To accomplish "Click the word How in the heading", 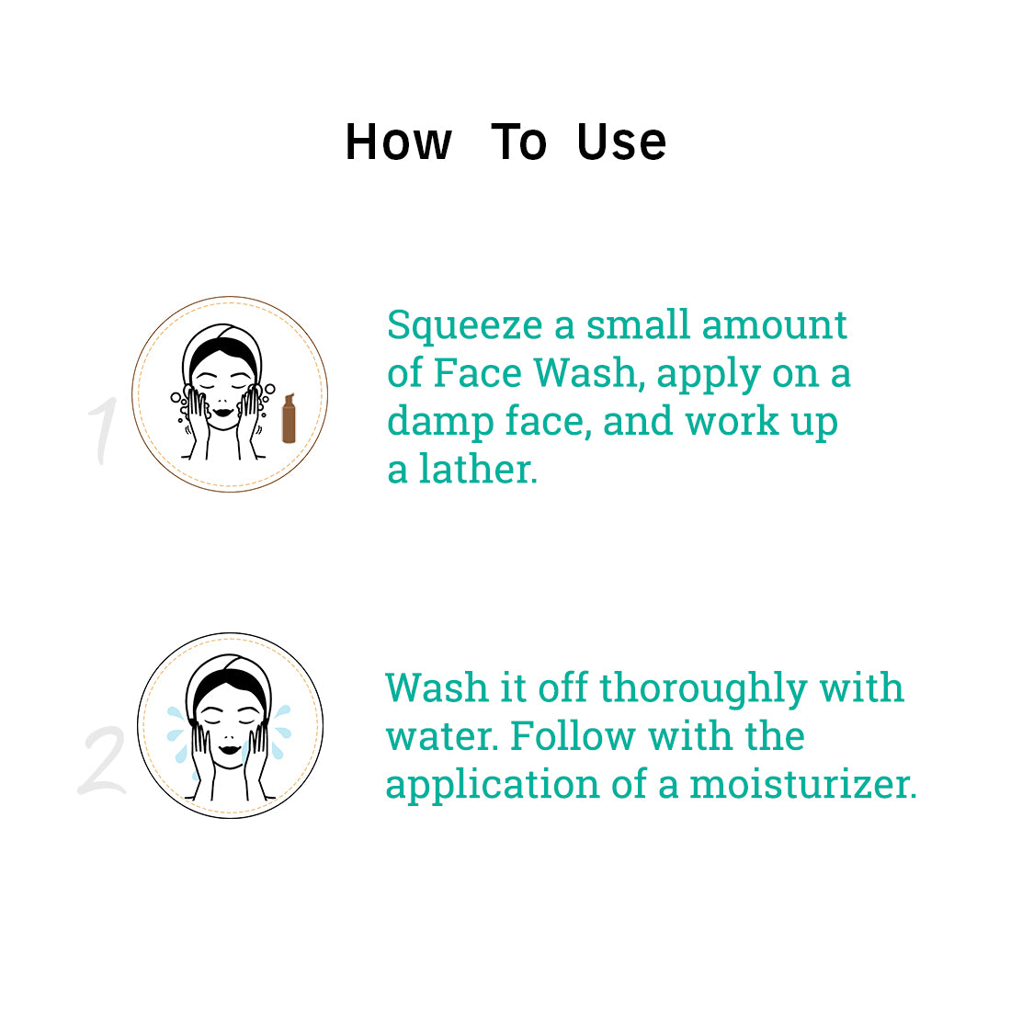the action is pos(399,142).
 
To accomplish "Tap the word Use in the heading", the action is pos(621,142).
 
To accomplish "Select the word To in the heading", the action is pos(519,142).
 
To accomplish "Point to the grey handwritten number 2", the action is pos(103,760).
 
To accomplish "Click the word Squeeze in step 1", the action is pos(464,326).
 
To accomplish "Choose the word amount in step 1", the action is pos(774,324).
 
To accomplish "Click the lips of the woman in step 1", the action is pos(223,412).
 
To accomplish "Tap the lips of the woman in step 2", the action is pos(230,748).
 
